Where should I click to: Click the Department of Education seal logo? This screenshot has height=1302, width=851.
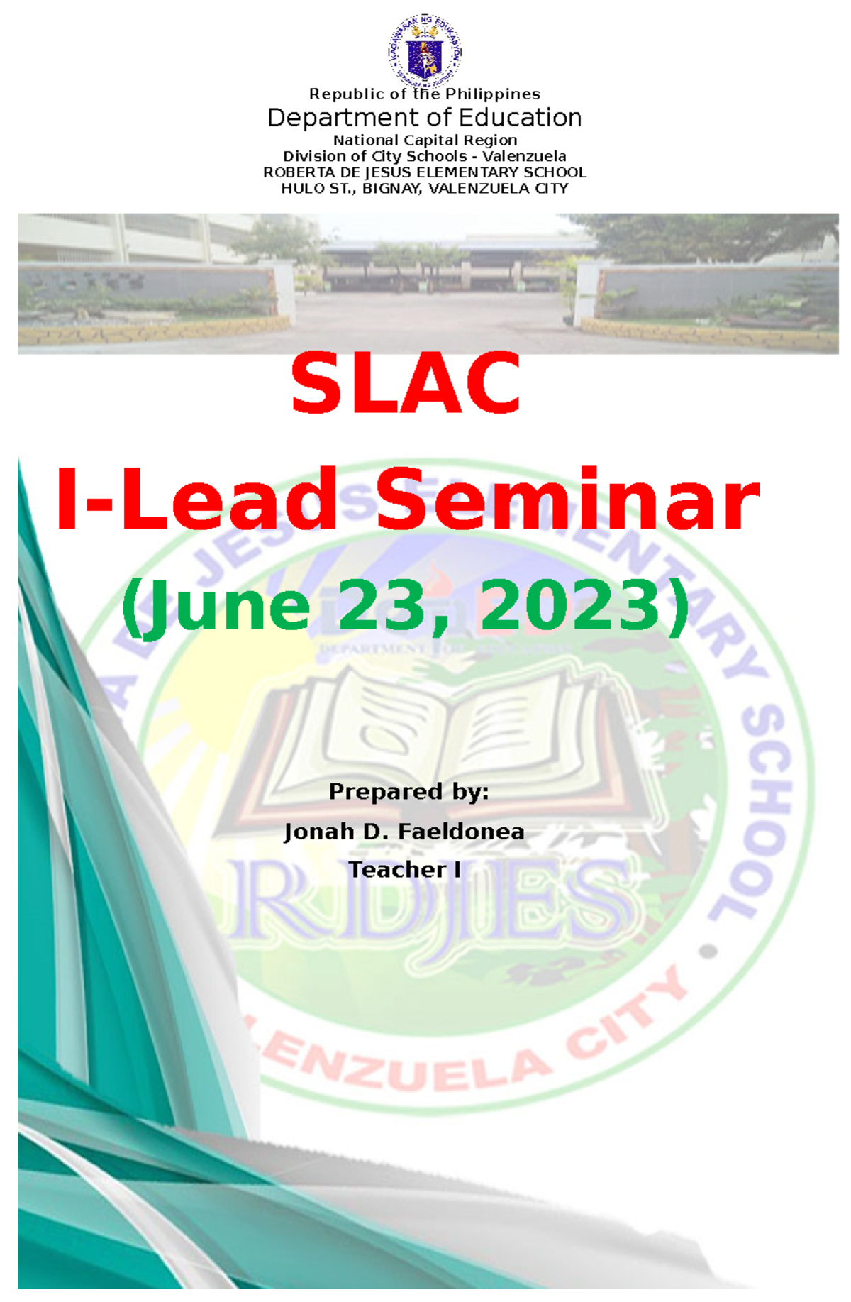[425, 50]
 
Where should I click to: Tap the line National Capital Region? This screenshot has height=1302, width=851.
[425, 140]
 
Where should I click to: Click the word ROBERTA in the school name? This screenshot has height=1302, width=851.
[290, 172]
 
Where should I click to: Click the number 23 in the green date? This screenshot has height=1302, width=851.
[386, 606]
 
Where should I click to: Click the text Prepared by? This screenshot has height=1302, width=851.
[408, 791]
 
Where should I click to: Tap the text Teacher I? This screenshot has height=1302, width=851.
[404, 870]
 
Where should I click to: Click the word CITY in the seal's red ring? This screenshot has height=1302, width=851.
[628, 1015]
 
